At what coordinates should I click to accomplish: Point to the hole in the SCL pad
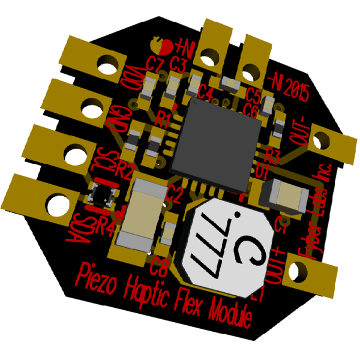click(73, 154)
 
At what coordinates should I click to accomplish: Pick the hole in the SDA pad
click(56, 200)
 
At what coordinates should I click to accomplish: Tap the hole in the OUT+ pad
click(296, 272)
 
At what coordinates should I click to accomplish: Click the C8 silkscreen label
click(160, 262)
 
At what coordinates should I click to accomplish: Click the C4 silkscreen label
click(205, 92)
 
